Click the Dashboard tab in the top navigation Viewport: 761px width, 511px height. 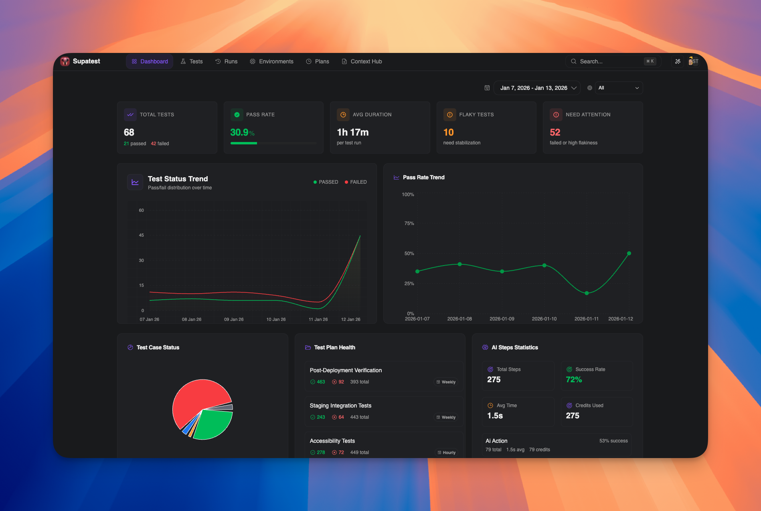(x=150, y=61)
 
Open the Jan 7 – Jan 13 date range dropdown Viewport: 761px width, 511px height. (x=537, y=88)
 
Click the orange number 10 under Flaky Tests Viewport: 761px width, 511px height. (x=448, y=132)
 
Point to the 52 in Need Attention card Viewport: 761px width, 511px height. (x=555, y=132)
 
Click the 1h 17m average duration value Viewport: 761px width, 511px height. (x=352, y=132)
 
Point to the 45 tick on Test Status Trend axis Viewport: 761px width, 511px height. (x=141, y=235)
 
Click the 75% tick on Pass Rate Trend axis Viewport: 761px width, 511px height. (x=409, y=223)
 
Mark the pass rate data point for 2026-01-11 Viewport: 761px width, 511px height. (x=587, y=293)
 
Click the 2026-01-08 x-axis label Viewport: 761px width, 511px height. (x=459, y=319)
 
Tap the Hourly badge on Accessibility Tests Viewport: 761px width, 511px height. (x=447, y=452)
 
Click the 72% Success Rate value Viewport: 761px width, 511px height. (x=574, y=379)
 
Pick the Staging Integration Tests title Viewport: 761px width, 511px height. (x=340, y=406)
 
